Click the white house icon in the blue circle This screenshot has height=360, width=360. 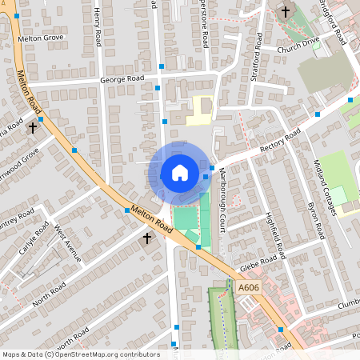coord(179,173)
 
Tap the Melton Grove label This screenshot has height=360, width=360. coord(40,38)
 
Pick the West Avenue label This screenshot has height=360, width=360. coord(68,243)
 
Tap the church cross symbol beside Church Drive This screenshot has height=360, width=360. coord(286,11)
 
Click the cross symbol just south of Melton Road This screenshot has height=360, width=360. coord(146,238)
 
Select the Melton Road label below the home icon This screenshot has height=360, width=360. coord(151,217)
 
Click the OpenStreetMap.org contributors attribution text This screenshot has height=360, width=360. coord(104,354)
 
